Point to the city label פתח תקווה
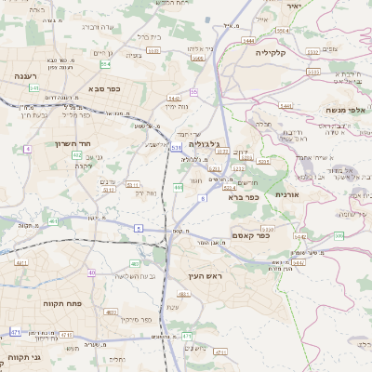pos(58,303)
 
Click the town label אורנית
pos(285,194)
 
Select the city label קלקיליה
pos(276,53)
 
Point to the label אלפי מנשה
pos(343,109)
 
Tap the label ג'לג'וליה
pos(203,144)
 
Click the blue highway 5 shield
pos(139,227)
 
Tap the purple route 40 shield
pos(91,272)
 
